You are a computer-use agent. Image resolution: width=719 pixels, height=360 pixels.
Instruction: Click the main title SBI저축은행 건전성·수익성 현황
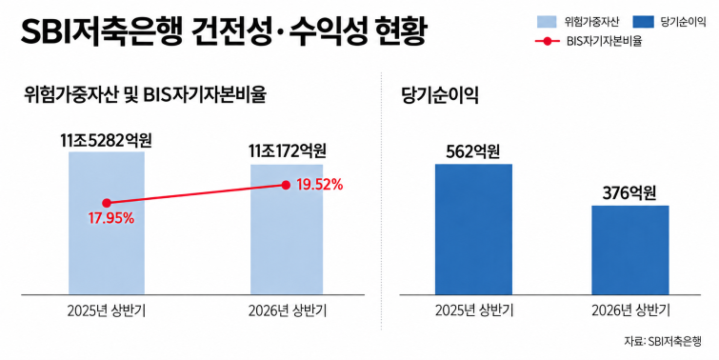(224, 31)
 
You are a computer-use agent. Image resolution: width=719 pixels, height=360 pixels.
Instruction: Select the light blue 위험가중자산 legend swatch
(547, 22)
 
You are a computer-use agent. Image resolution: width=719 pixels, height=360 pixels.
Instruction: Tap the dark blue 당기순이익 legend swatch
(643, 22)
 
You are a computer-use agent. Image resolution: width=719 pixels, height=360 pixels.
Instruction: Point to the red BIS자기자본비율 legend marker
(548, 41)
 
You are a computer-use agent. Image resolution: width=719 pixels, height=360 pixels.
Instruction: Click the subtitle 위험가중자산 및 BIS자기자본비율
(145, 95)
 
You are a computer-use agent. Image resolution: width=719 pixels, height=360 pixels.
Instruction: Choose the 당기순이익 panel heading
(440, 95)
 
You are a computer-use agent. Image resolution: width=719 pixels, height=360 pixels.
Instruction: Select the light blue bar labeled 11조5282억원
(107, 223)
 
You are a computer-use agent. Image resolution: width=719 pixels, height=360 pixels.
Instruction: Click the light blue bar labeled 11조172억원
(287, 230)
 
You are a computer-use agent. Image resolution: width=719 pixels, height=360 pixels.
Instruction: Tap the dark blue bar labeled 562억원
(473, 230)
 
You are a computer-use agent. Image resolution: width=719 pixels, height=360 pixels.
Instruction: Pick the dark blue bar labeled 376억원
(630, 250)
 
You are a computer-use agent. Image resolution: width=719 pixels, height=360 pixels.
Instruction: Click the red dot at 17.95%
(107, 203)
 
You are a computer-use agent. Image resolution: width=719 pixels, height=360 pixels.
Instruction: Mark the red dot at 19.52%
(286, 186)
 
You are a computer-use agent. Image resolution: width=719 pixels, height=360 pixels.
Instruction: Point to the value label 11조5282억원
(106, 140)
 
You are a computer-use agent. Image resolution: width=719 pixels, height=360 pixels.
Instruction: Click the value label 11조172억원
(287, 150)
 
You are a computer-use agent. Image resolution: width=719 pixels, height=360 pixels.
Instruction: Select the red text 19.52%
(320, 185)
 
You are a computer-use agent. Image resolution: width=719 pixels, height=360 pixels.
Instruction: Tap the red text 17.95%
(111, 218)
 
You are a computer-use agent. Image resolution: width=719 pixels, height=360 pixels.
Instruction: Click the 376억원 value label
(629, 193)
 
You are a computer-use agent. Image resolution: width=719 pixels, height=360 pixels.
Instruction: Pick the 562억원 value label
(472, 151)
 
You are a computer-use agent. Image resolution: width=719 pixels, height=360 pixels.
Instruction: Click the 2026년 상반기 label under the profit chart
(631, 310)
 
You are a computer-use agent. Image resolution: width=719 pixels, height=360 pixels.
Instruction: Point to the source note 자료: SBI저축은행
(663, 341)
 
